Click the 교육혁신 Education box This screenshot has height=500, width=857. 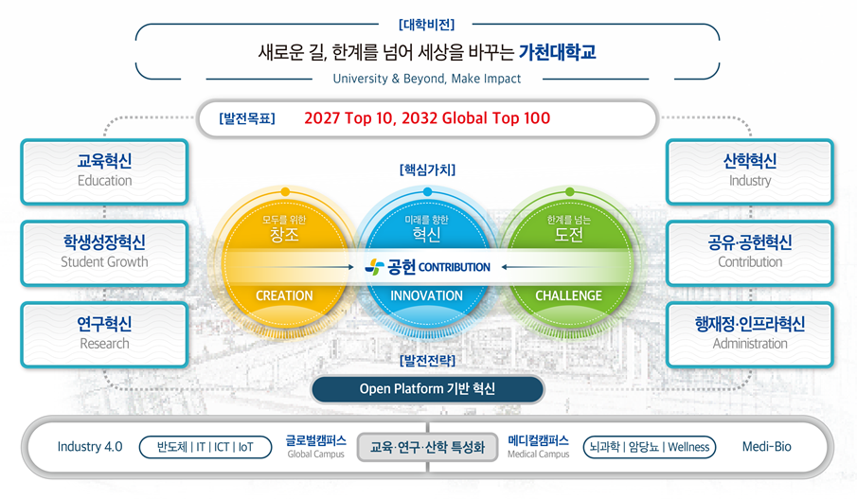pyautogui.click(x=104, y=172)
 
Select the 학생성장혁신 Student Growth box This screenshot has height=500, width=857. pyautogui.click(x=104, y=254)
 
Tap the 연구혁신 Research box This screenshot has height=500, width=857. pyautogui.click(x=104, y=335)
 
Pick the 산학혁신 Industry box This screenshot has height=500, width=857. pyautogui.click(x=750, y=172)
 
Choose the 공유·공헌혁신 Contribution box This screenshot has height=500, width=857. pyautogui.click(x=750, y=254)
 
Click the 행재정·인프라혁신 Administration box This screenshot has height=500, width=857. pyautogui.click(x=750, y=335)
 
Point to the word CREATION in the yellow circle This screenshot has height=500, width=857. pyautogui.click(x=284, y=295)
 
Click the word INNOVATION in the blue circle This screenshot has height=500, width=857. pyautogui.click(x=426, y=295)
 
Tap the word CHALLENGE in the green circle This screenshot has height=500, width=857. pyautogui.click(x=568, y=295)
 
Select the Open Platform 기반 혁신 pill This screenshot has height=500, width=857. pyautogui.click(x=427, y=389)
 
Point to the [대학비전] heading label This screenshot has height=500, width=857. pyautogui.click(x=426, y=25)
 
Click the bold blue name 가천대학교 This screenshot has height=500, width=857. pyautogui.click(x=558, y=52)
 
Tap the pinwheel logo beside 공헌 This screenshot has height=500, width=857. pyautogui.click(x=374, y=267)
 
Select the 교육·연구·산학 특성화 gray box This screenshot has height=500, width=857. pyautogui.click(x=427, y=447)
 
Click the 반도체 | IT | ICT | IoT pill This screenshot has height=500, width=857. pyautogui.click(x=205, y=447)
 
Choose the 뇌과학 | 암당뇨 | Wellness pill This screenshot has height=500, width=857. pyautogui.click(x=650, y=447)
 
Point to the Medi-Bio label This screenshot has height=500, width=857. pyautogui.click(x=766, y=447)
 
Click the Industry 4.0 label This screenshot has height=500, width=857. pyautogui.click(x=90, y=447)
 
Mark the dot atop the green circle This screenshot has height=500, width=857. pyautogui.click(x=570, y=192)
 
